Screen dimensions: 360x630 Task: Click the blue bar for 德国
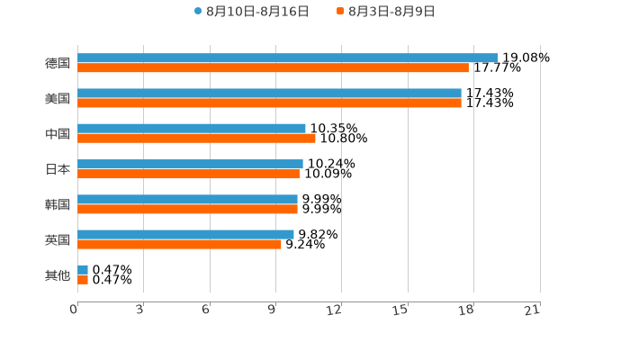(x=288, y=58)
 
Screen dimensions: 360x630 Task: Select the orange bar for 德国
(x=273, y=67)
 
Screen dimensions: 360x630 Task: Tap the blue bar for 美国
(x=269, y=93)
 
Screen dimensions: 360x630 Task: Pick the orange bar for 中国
(x=196, y=139)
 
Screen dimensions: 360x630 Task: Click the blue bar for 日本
(x=190, y=164)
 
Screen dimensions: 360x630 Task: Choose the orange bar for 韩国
(x=187, y=209)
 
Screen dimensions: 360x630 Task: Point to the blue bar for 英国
(x=185, y=234)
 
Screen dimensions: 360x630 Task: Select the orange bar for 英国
(x=179, y=244)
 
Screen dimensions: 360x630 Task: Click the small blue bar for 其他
(x=83, y=269)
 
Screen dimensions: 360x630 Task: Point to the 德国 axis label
(x=58, y=63)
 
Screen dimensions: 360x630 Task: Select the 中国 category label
(x=58, y=133)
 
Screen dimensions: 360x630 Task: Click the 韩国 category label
(x=58, y=204)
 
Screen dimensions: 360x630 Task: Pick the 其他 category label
(x=58, y=274)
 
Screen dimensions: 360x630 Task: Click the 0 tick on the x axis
(x=75, y=310)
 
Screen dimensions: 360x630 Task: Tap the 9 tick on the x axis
(x=272, y=310)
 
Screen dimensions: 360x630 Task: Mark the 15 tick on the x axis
(x=401, y=310)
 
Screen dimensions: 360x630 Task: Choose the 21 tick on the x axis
(x=533, y=310)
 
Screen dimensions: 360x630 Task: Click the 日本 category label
(x=58, y=169)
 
